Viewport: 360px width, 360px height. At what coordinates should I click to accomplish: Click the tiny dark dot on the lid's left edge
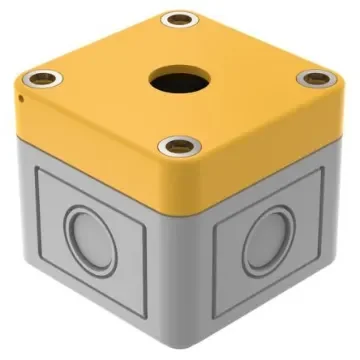[x=20, y=98]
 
